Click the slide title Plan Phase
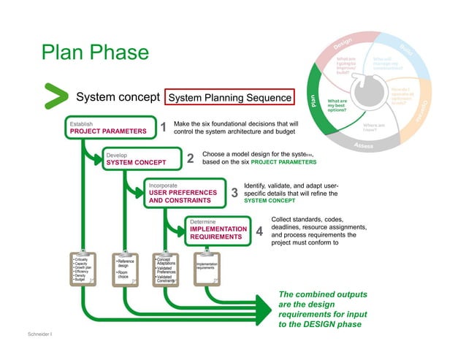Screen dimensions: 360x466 pos(95,53)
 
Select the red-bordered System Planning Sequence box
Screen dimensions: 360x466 pos(229,97)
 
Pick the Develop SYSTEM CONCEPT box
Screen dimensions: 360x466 pos(140,158)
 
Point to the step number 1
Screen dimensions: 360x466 pos(164,129)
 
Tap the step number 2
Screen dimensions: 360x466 pos(191,159)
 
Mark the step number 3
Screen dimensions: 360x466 pos(234,194)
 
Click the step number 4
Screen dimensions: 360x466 pos(259,231)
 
